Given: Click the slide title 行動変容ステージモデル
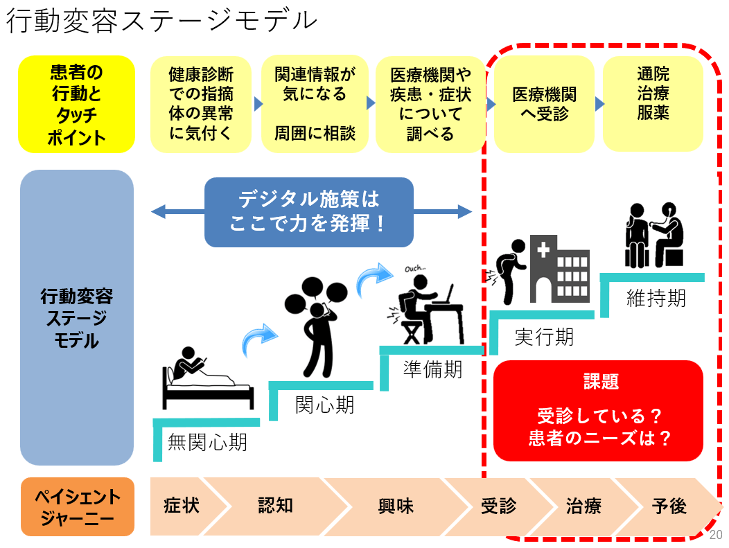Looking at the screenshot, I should coord(161,21).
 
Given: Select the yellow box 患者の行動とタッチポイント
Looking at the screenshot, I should coord(76,105).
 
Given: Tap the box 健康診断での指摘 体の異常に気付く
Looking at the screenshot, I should coord(200,104).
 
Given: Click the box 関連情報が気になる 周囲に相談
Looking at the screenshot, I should coord(314,104).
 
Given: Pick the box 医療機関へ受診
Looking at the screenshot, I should coord(543,104).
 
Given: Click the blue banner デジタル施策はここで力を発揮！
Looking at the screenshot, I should coord(309,212).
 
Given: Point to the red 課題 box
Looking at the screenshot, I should coord(599,411).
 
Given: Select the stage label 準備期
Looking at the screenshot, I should coord(432,369).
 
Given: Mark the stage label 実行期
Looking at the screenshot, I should coord(544,337).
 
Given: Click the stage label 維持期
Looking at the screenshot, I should coord(656,298).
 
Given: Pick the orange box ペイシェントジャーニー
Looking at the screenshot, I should coord(77,506).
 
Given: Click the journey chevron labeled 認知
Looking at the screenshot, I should coord(276,506).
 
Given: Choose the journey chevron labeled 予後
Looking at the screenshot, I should coord(669,506).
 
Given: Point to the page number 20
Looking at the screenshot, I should coord(716,534).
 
